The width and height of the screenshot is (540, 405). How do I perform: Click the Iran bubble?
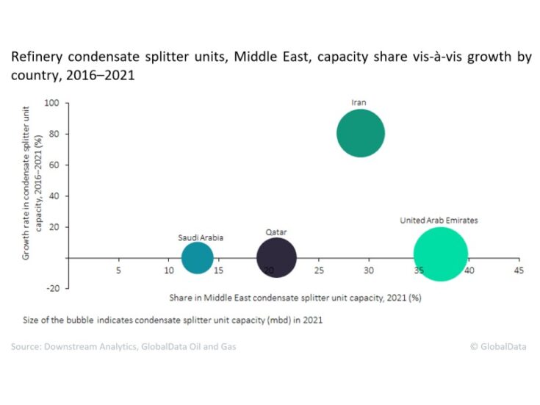[x=361, y=133]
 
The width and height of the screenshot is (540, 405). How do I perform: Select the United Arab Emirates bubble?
[x=440, y=254]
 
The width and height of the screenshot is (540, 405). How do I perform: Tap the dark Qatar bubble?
[x=276, y=258]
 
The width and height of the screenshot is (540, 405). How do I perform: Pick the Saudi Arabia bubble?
[x=197, y=258]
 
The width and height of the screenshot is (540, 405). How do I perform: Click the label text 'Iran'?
[x=359, y=102]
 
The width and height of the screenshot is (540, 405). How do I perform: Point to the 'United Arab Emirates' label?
[x=439, y=220]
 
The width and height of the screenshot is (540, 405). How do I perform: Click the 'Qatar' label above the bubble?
[x=276, y=232]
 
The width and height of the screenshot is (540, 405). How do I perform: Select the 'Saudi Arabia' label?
[x=201, y=237]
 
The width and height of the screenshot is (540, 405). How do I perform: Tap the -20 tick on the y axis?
[x=53, y=288]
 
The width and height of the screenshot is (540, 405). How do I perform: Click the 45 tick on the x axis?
[x=518, y=270]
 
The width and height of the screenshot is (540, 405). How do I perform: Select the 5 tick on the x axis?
[x=118, y=270]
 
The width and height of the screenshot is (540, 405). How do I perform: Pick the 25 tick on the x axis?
[x=318, y=270]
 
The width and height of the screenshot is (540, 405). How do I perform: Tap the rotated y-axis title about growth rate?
[x=31, y=181]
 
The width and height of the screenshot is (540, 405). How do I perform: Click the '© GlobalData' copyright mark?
[x=498, y=346]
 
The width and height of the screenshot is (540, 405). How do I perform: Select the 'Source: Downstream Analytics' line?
[x=123, y=346]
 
